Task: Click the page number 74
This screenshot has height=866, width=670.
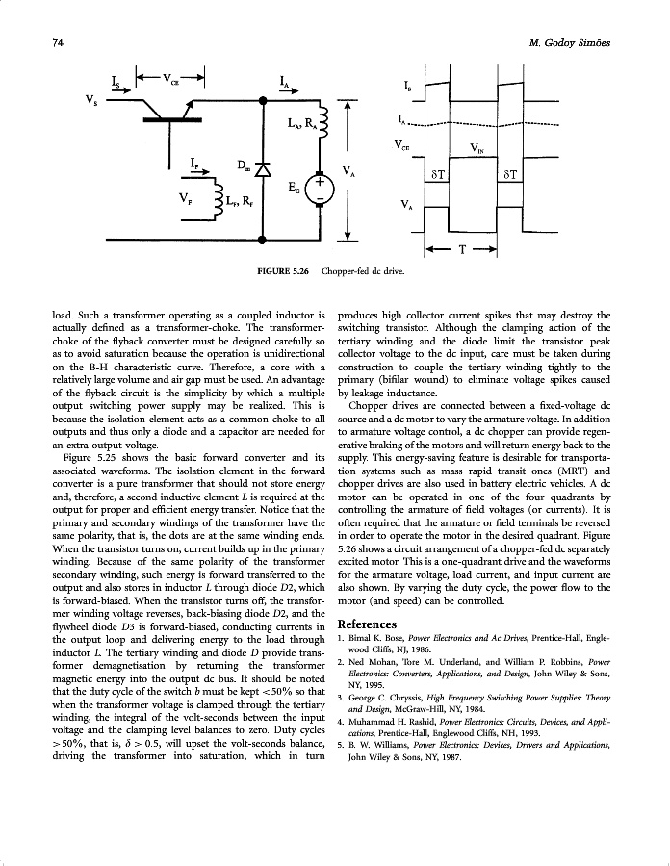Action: [x=58, y=43]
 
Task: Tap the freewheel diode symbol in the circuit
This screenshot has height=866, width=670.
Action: [x=261, y=170]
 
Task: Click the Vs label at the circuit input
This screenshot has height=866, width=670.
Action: [x=90, y=100]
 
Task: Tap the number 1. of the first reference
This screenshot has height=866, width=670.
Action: [x=342, y=639]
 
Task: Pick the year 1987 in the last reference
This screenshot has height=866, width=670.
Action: [x=451, y=758]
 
